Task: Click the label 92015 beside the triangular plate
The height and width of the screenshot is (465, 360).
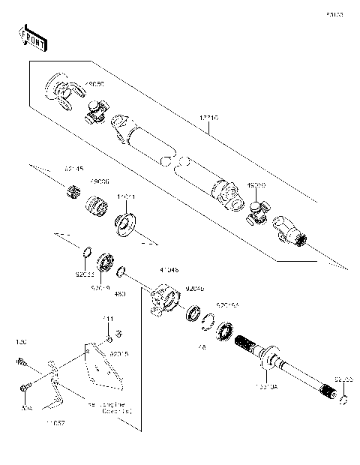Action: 119,352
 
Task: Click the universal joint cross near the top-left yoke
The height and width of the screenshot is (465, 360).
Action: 97,112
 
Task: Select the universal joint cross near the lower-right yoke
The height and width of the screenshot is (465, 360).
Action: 257,214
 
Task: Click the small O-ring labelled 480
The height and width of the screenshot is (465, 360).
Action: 121,273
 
